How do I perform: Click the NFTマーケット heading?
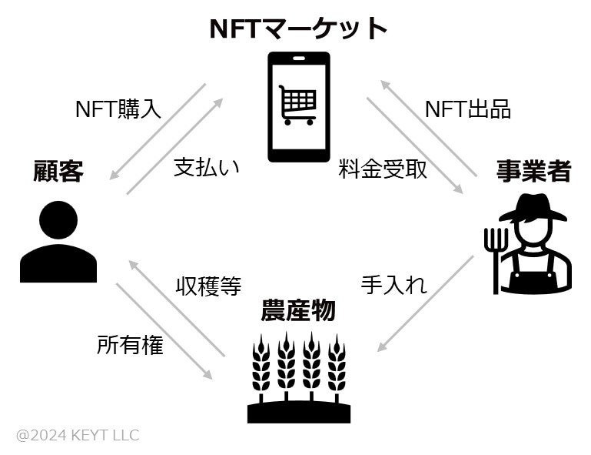298,28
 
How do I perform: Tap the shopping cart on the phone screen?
297,105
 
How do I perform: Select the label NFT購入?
118,109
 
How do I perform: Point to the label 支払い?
207,167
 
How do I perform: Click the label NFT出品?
468,109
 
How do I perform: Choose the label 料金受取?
383,169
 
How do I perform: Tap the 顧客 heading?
58,171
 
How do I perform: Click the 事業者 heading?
533,171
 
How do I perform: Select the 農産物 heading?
298,310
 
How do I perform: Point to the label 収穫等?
208,286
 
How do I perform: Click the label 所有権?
130,345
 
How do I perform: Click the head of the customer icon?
58,219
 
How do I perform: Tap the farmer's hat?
533,208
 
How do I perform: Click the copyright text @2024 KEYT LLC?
78,435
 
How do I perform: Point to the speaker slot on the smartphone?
298,59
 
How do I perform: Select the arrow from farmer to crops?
426,303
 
